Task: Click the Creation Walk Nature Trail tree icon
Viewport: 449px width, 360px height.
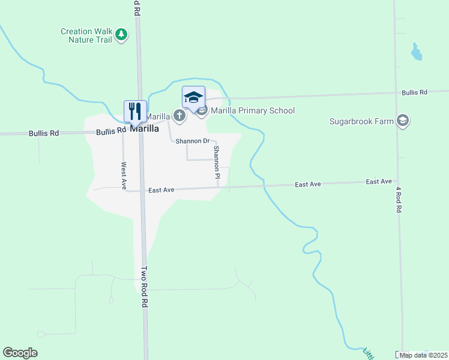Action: click(x=122, y=34)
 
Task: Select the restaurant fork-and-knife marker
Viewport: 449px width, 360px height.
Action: click(x=135, y=111)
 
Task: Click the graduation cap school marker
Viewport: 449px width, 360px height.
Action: click(x=193, y=97)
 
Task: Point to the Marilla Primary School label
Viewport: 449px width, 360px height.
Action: click(x=252, y=110)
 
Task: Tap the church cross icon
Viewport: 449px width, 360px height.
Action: click(x=179, y=115)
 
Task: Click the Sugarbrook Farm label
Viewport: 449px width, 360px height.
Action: click(x=361, y=121)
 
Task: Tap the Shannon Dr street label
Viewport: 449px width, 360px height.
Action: click(x=192, y=141)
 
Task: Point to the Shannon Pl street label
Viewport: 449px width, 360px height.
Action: click(x=217, y=163)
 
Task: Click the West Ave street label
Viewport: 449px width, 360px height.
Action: click(x=124, y=176)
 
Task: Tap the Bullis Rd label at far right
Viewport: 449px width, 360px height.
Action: click(x=414, y=92)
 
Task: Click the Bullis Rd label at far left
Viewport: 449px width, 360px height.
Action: click(x=44, y=133)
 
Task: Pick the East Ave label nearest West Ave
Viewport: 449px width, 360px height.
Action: click(x=161, y=190)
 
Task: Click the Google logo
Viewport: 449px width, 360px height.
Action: click(x=20, y=353)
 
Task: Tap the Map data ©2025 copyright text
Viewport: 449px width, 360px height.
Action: click(x=423, y=355)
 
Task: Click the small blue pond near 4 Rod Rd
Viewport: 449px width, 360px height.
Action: click(x=415, y=53)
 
